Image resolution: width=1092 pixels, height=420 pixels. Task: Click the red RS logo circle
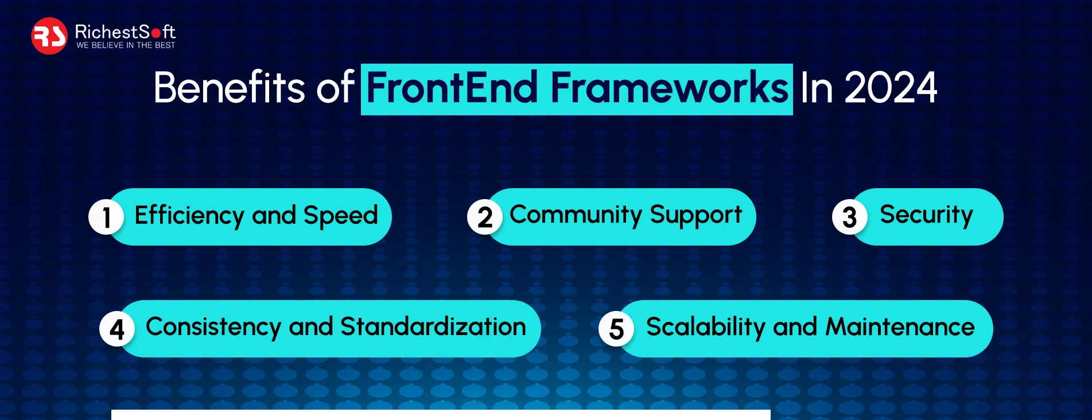(49, 36)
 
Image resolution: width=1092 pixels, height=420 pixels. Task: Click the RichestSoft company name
(125, 32)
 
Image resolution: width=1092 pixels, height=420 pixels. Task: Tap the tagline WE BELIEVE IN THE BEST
(126, 45)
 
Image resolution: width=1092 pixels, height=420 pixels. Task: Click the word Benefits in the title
(229, 88)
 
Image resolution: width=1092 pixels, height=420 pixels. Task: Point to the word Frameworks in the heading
(670, 88)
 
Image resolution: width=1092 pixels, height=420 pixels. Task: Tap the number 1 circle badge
(106, 217)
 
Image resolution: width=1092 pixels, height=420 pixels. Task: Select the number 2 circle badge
(485, 217)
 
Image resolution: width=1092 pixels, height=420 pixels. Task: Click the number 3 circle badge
(849, 217)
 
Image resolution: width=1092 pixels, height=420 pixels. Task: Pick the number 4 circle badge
(117, 329)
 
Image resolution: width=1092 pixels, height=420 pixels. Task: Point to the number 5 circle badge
(616, 329)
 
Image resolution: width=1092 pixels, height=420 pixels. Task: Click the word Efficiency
(189, 216)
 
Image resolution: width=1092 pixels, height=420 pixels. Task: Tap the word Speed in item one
(340, 216)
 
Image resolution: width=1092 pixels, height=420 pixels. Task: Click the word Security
(926, 215)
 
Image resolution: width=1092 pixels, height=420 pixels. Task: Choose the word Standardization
(433, 327)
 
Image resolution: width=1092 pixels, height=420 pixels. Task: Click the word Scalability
(705, 327)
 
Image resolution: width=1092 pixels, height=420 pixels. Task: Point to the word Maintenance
(899, 327)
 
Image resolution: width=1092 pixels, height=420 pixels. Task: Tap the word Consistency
(213, 327)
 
